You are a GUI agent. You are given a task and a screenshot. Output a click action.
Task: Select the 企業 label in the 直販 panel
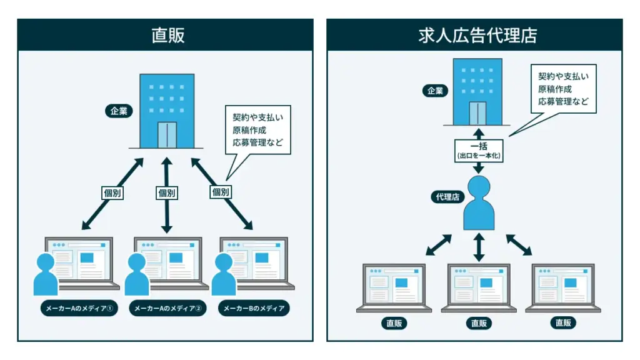(x=119, y=112)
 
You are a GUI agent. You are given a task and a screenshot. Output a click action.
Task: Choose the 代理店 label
(x=447, y=197)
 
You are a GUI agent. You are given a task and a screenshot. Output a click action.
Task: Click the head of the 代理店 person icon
(x=479, y=187)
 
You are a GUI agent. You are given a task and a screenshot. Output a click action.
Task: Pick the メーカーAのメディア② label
(x=167, y=308)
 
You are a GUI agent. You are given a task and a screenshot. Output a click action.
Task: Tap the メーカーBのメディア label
(x=254, y=308)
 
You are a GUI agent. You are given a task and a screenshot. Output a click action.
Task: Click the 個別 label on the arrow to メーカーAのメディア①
(x=112, y=192)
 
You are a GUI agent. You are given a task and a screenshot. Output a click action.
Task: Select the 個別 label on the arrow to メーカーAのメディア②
(x=167, y=192)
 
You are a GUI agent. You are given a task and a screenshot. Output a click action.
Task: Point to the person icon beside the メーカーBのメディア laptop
(x=224, y=275)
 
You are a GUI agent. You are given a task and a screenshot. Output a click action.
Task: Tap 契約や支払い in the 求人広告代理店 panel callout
(x=563, y=76)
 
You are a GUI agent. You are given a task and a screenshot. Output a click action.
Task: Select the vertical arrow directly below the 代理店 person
(x=479, y=247)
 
